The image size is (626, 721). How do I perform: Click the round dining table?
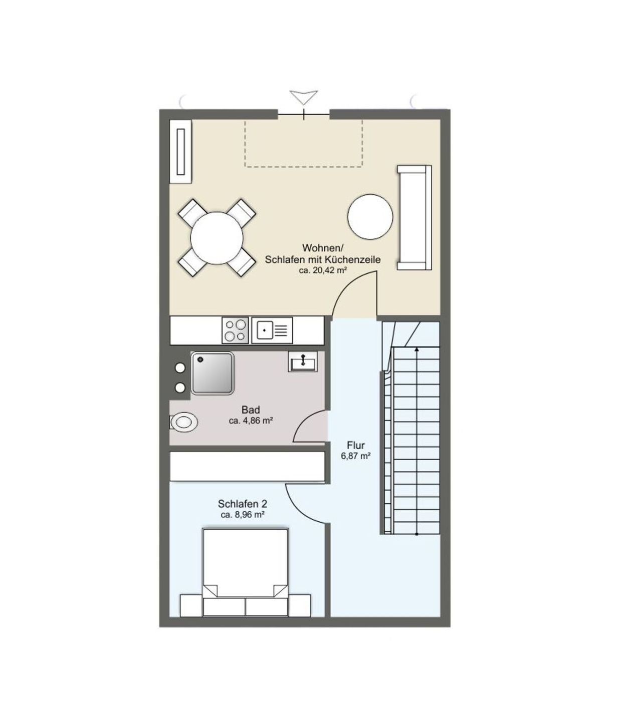pos(217,238)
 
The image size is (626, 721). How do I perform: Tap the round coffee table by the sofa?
pos(370,216)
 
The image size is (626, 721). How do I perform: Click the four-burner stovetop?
pos(235,330)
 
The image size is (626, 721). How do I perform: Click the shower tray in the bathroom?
pos(213,373)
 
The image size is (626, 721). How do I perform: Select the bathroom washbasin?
pos(303,361)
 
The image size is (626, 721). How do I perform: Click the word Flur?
pos(355,445)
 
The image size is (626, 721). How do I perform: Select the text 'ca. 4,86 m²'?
pos(251,421)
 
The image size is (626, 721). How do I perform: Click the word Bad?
pos(251,410)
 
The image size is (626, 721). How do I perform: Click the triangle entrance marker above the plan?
pos(304,97)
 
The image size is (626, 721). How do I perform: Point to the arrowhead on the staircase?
pos(417,349)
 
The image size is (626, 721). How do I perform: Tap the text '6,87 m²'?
pos(355,456)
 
